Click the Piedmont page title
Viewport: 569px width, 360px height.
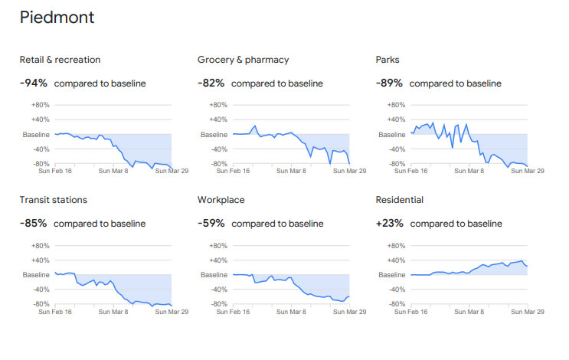[x=57, y=18]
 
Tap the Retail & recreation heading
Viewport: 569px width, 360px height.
[x=60, y=60]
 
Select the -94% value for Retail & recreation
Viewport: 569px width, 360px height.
[x=34, y=83]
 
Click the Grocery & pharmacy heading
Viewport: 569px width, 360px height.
[x=243, y=60]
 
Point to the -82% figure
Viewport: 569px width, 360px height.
[x=211, y=83]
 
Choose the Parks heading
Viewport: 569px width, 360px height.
[x=388, y=60]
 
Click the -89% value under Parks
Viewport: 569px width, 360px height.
[x=389, y=83]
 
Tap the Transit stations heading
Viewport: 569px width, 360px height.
[x=54, y=200]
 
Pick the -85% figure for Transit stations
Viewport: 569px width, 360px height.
[x=33, y=223]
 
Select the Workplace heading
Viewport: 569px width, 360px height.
[x=221, y=200]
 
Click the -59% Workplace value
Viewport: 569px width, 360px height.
[x=211, y=223]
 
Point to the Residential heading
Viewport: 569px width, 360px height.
[x=400, y=200]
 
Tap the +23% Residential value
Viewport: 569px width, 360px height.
[x=389, y=223]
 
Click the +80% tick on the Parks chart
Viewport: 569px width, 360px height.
[x=396, y=105]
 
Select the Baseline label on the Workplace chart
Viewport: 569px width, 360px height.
[x=214, y=275]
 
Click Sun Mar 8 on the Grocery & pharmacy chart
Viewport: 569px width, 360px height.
[x=291, y=171]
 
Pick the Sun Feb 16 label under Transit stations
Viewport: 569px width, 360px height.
[x=55, y=312]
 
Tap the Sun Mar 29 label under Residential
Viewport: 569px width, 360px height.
[x=528, y=312]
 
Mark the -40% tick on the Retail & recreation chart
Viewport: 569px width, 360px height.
[x=41, y=149]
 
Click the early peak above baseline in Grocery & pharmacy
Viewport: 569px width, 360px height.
[x=255, y=126]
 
